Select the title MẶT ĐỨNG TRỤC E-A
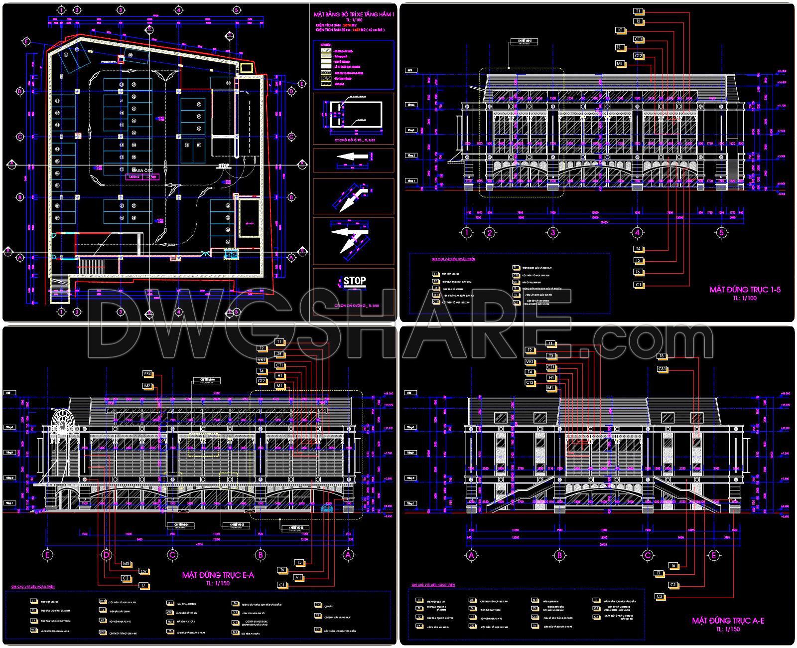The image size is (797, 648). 218,575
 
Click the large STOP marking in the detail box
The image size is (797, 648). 354,281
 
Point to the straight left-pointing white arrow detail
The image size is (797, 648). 352,157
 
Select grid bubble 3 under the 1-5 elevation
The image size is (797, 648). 552,232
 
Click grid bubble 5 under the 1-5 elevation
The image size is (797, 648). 721,232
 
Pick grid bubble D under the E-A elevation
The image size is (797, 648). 106,554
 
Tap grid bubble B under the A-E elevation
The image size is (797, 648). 559,555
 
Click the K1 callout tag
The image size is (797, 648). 620,30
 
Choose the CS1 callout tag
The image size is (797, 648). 662,369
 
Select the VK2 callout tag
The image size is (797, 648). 147,373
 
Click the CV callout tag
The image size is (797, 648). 143,571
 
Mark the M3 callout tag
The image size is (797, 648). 127,564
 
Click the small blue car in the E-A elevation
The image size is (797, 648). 327,508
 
